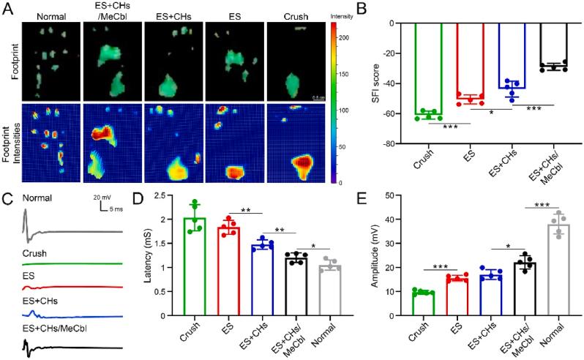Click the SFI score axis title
[x=381, y=82]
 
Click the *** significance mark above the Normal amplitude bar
[x=543, y=205]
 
